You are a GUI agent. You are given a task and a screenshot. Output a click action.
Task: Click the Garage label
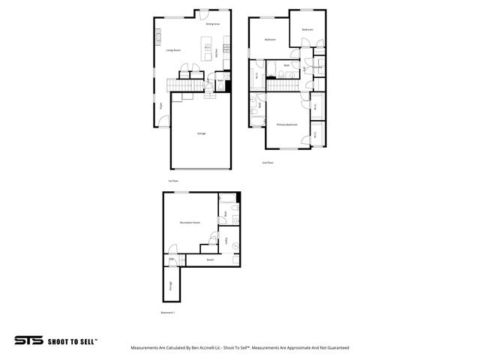[x=201, y=133]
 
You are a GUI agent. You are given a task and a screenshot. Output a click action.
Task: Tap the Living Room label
[x=175, y=51]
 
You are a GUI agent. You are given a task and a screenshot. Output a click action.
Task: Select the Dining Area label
[x=213, y=25]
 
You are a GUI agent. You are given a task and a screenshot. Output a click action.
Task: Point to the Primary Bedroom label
[x=287, y=124]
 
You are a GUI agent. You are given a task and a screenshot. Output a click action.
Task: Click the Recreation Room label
[x=189, y=223]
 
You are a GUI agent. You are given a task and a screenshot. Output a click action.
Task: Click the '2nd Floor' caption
[x=267, y=162]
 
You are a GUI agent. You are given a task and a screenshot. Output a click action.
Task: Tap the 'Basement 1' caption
[x=168, y=312]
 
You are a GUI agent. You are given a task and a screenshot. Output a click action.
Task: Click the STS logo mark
[x=28, y=340]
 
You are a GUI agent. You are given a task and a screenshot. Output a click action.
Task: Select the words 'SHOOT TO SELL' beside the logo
[x=73, y=340]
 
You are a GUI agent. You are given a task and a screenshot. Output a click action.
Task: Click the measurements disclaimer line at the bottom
[x=240, y=348]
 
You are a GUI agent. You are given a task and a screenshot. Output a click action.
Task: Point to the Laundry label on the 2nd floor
[x=318, y=67]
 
